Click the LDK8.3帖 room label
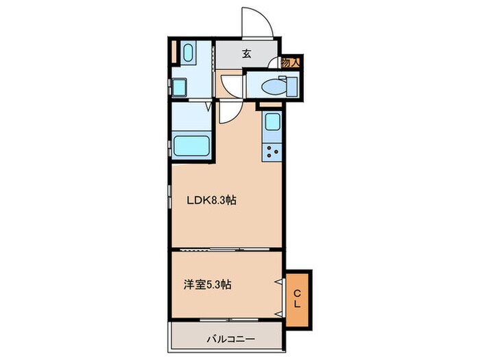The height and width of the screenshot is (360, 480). coord(213,202)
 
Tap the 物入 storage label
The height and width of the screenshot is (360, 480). coord(291,62)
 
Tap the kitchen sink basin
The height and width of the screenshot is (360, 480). coord(271,123)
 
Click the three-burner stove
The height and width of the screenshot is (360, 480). coord(271,153)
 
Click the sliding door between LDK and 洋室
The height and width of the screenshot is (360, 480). coord(226,250)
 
